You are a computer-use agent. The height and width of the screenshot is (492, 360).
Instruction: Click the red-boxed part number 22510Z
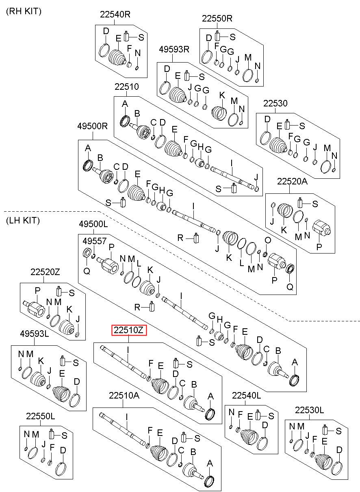tap(129, 330)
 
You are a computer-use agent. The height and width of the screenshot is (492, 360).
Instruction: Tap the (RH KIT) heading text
tap(23, 12)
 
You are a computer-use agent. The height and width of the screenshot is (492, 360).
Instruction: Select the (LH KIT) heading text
tap(23, 221)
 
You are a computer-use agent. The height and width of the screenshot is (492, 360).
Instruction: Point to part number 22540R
tap(115, 15)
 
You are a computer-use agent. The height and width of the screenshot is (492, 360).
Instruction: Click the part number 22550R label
tap(217, 18)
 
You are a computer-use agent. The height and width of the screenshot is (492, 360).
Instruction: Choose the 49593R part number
tap(174, 50)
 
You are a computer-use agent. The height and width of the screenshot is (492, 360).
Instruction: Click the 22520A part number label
tap(293, 182)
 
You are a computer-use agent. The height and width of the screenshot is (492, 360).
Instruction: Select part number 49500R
tap(92, 126)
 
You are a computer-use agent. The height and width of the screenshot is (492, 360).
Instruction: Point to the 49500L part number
tap(93, 224)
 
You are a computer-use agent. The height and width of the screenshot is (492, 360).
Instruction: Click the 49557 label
tap(92, 241)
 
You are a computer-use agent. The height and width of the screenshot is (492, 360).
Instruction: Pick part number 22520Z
tap(45, 271)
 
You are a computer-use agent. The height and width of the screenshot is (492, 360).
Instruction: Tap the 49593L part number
tap(34, 334)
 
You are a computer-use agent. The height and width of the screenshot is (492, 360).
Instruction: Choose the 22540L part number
tap(246, 395)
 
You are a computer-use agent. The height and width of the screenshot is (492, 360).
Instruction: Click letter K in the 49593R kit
tap(222, 95)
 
